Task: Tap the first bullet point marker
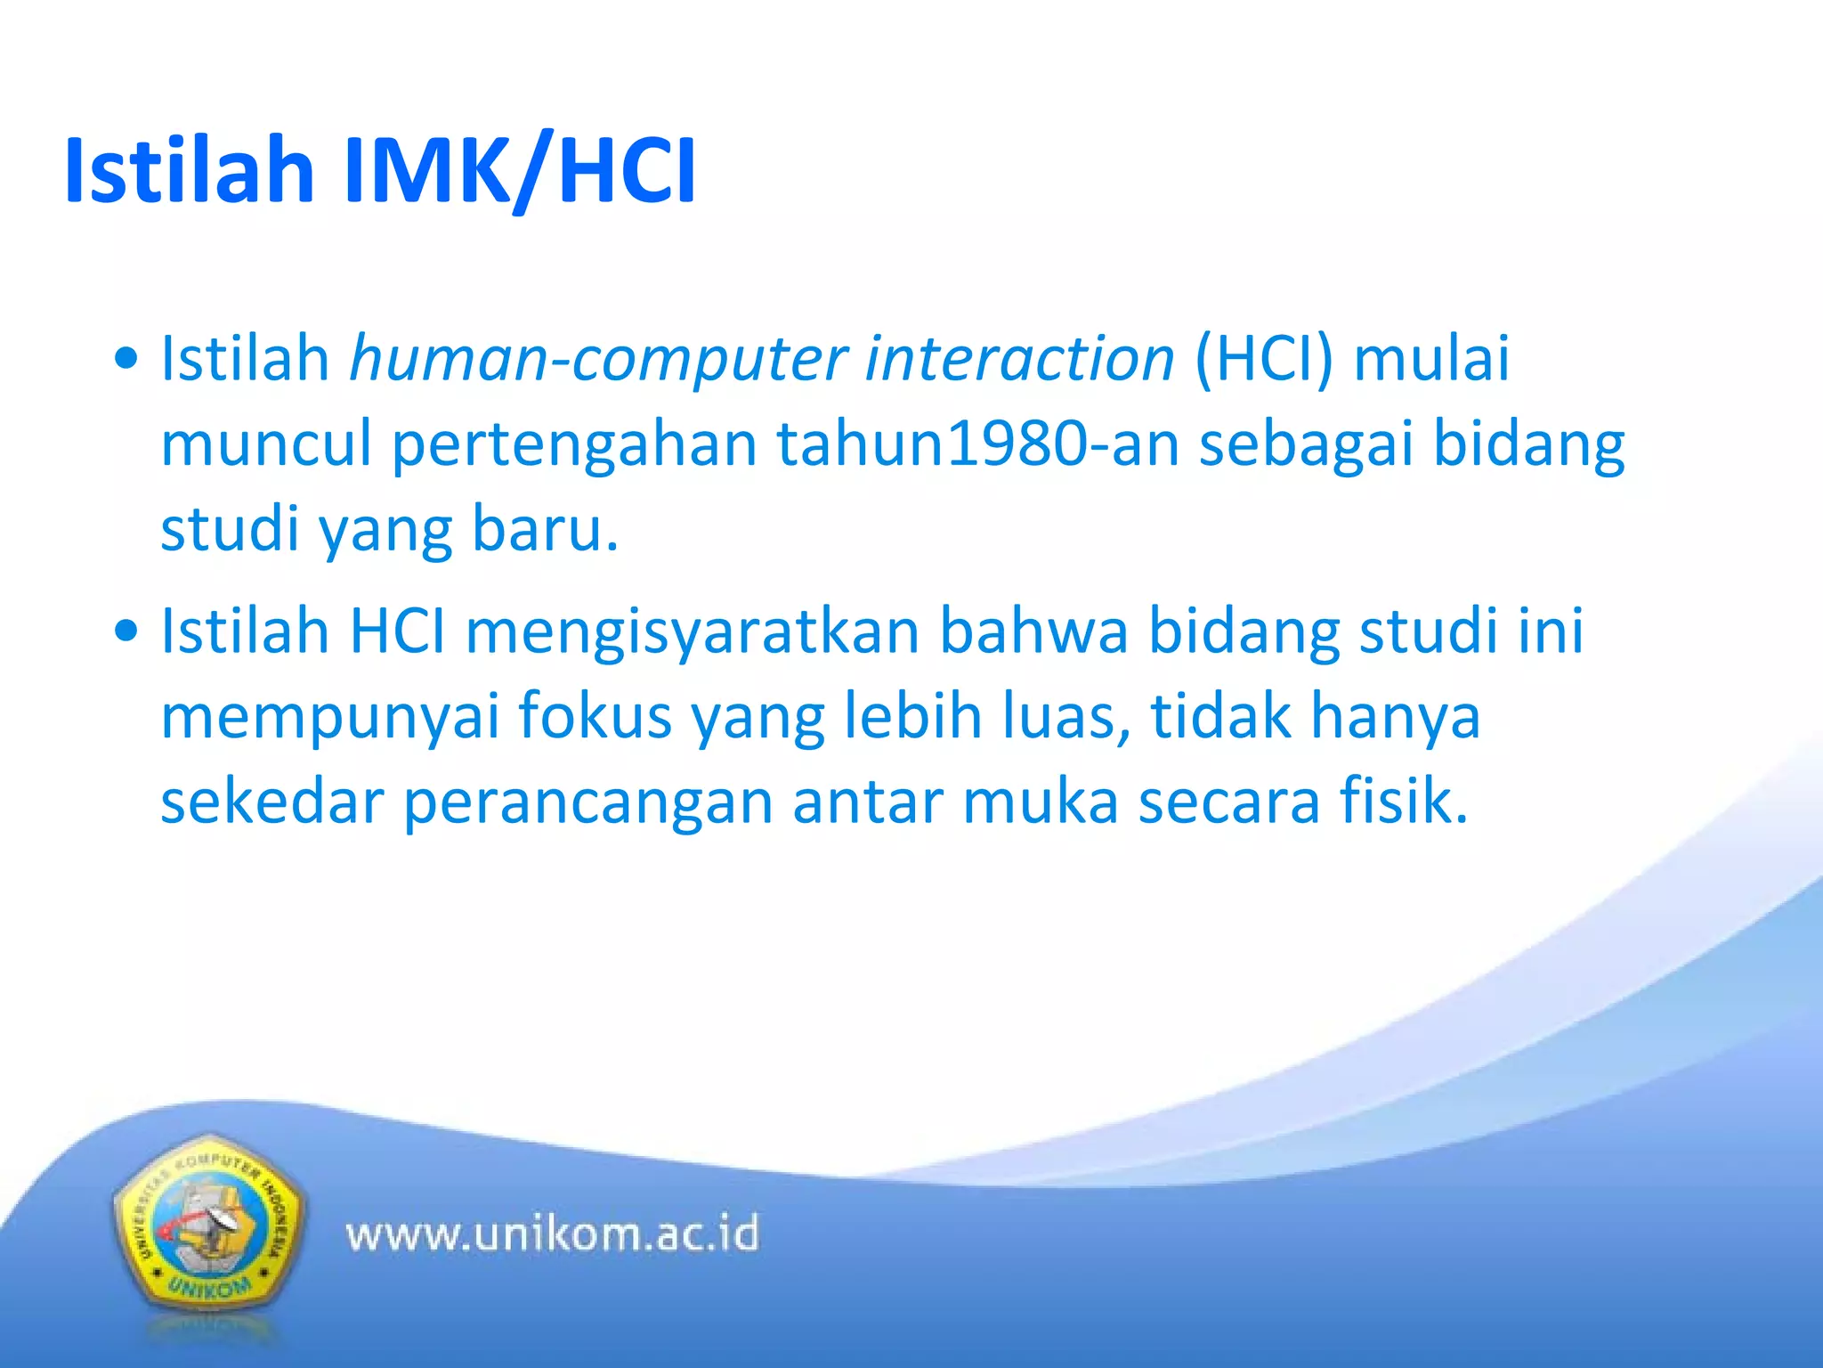point(127,359)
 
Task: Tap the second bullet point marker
point(127,631)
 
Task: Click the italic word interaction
point(1019,359)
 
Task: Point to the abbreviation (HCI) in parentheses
point(1264,359)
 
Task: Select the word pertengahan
point(574,444)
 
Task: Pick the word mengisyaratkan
point(693,631)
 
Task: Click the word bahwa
point(1033,631)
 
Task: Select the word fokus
point(594,716)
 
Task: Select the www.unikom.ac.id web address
point(552,1235)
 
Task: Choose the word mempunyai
point(329,716)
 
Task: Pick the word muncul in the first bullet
point(265,444)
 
